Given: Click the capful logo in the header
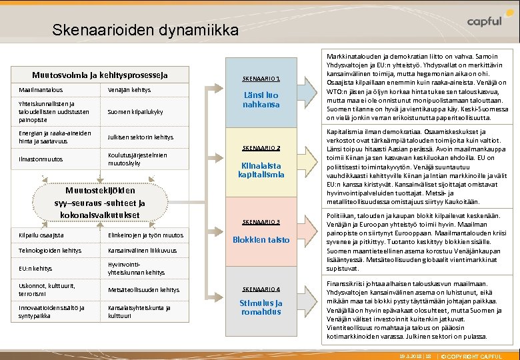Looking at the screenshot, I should tap(475, 22).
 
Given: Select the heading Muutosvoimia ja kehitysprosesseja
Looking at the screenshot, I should tap(100, 75).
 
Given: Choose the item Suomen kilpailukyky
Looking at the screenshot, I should tap(135, 111).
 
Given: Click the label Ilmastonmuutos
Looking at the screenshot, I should tap(41, 159).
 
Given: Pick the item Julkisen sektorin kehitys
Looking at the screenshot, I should tap(140, 137).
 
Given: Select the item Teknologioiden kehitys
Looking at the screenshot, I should tap(51, 251).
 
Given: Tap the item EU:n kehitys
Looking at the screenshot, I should tap(36, 268).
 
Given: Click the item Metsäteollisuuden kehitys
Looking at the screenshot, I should tap(143, 290).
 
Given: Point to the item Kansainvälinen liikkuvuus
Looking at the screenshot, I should tap(142, 251).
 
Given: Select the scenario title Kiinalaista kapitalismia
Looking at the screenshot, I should tap(261, 169).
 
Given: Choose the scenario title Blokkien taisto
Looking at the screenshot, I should tap(261, 239).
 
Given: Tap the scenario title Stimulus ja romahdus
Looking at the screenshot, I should tap(261, 307).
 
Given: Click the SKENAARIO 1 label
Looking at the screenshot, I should tap(261, 78).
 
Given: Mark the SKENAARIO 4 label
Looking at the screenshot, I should tap(261, 289).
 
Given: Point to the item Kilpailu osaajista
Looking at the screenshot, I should tap(42, 235).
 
